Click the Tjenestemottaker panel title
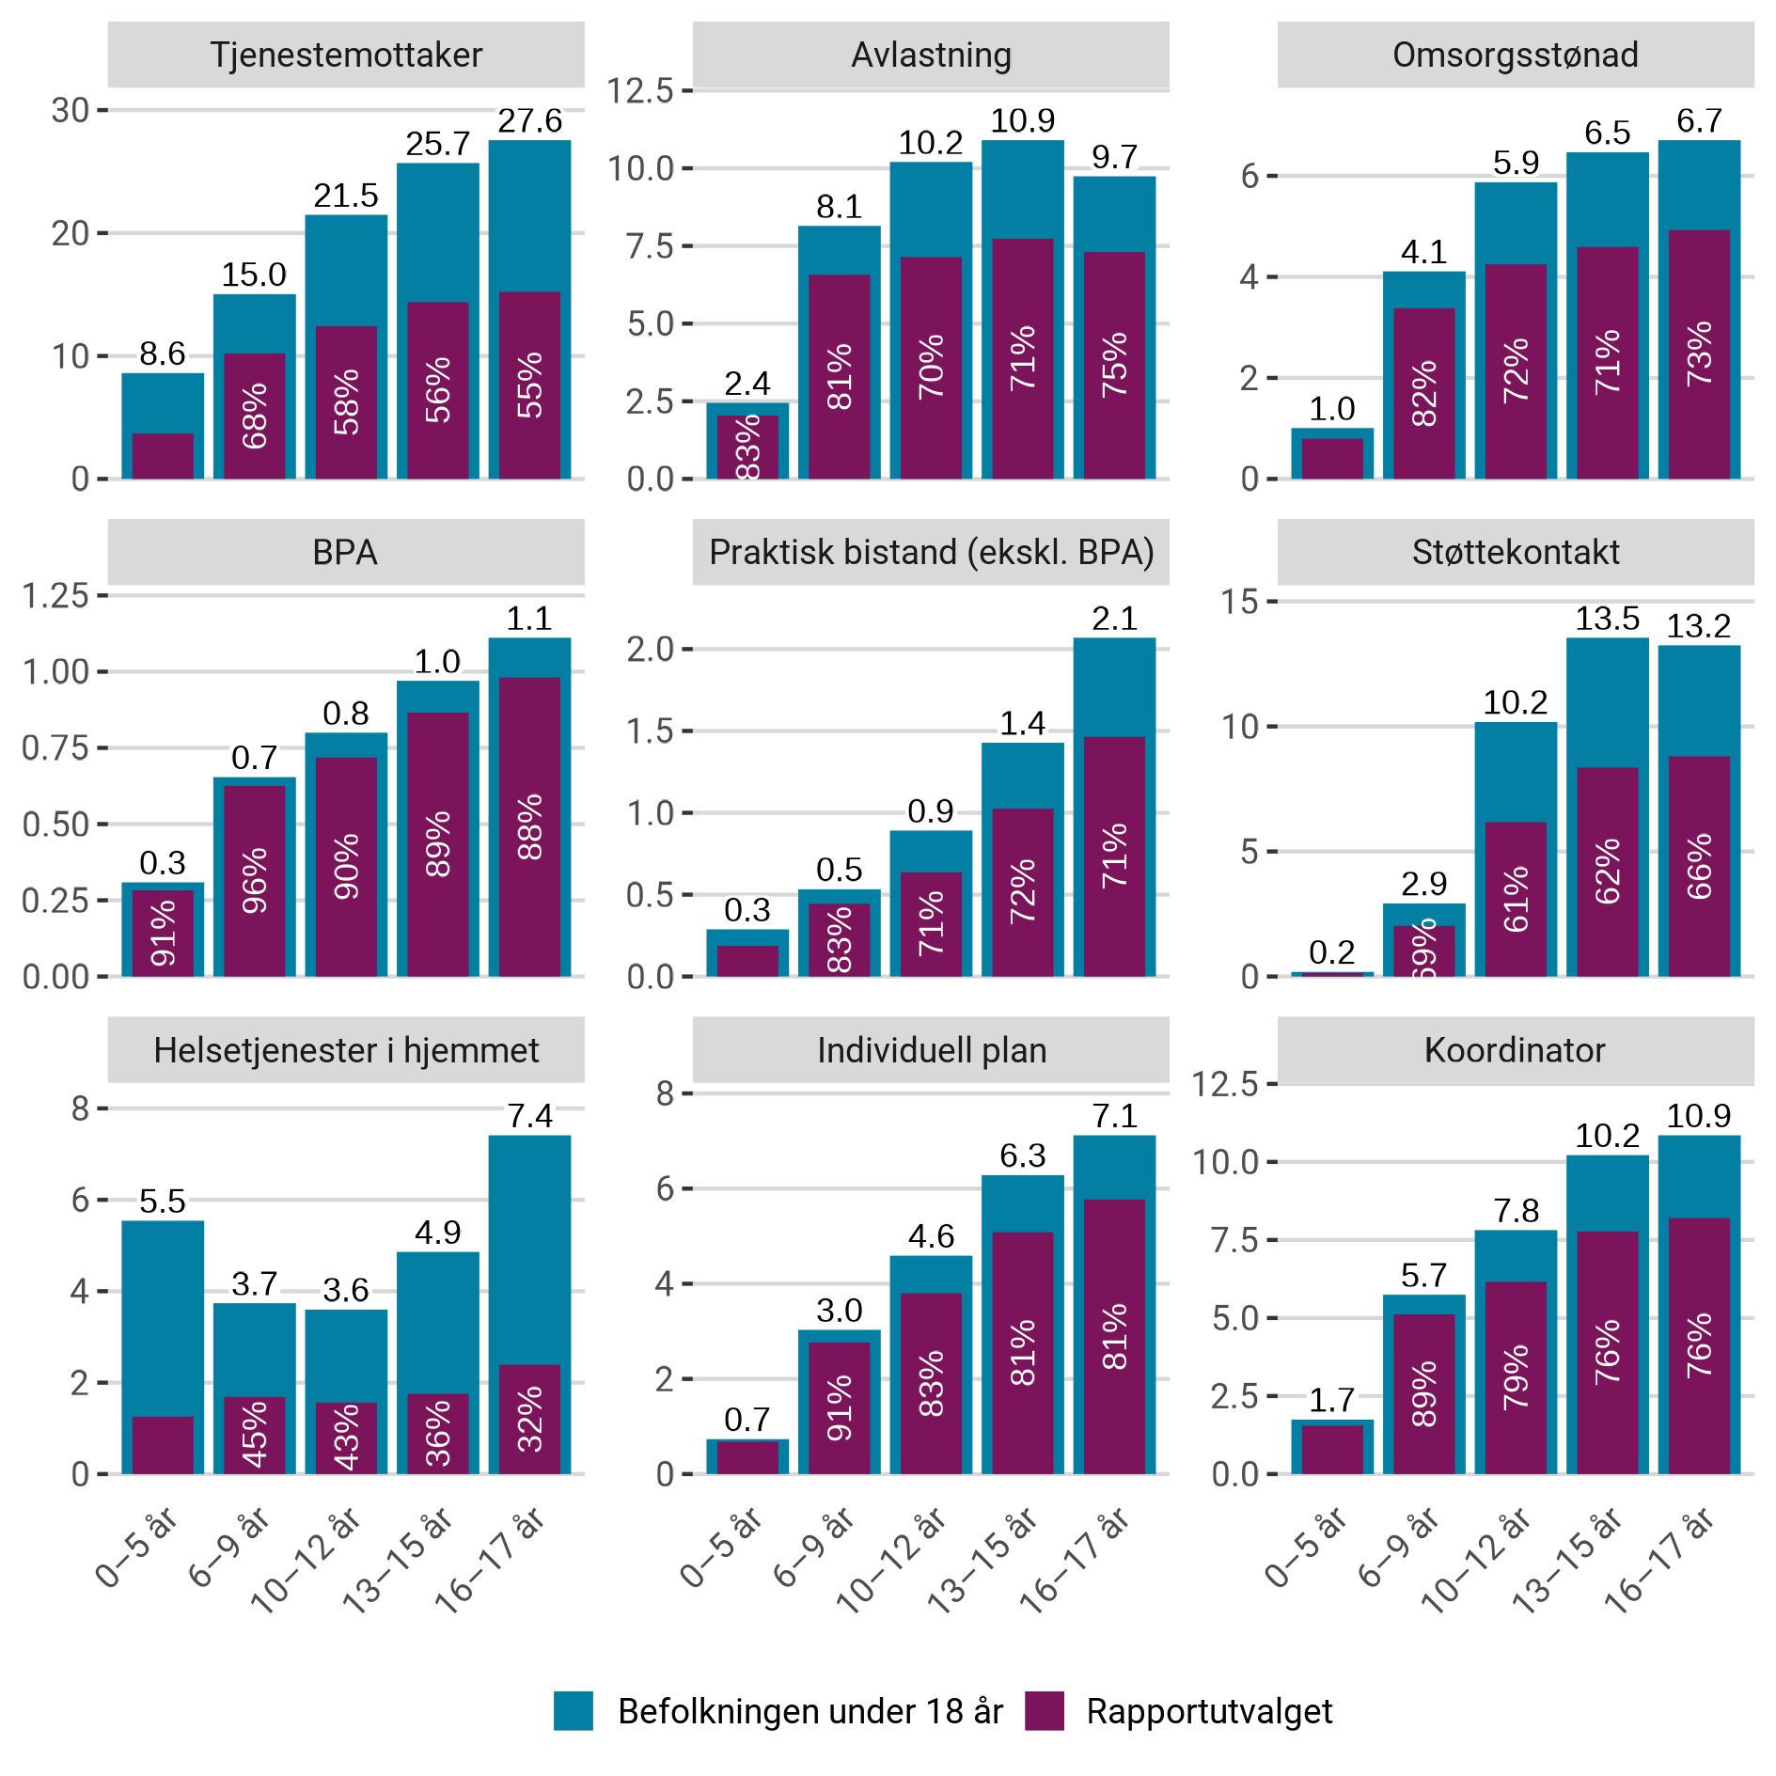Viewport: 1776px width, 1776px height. click(346, 55)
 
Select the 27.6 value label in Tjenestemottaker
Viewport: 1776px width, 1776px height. click(529, 121)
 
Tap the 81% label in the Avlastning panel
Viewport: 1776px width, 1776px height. click(840, 377)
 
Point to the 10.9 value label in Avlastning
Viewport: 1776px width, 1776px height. click(1022, 120)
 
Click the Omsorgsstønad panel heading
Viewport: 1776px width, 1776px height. click(1515, 55)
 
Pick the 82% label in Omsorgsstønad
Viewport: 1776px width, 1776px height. click(1424, 393)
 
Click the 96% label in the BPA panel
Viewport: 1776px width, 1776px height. click(255, 881)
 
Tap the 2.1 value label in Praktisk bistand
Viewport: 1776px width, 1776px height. click(1114, 619)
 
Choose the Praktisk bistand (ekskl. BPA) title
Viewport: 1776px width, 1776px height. click(931, 553)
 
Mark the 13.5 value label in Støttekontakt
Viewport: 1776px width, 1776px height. click(1607, 619)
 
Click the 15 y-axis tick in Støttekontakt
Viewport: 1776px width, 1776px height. click(1239, 602)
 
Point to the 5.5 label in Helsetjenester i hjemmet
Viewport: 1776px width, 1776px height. click(163, 1202)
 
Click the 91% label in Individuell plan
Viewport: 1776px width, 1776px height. click(840, 1407)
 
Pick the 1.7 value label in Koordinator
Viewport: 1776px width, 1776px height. click(1331, 1401)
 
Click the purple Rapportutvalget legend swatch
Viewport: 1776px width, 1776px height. click(1045, 1711)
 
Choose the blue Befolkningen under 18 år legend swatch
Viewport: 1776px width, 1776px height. click(574, 1711)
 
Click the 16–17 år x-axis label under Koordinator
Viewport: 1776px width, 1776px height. click(1660, 1561)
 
